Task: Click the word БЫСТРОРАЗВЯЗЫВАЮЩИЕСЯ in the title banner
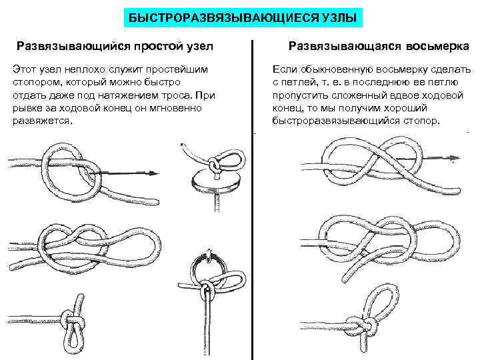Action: pos(223,18)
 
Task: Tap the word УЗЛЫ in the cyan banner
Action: pos(339,18)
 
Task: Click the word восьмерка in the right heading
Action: pos(437,46)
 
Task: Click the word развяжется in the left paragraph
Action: pos(43,121)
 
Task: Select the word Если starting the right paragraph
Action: pos(285,69)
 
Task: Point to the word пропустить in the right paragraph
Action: pos(302,95)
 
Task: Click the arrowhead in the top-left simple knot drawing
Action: pos(154,173)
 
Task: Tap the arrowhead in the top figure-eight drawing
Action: pos(455,158)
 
